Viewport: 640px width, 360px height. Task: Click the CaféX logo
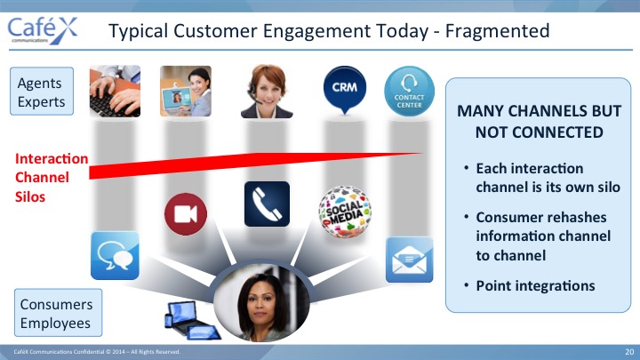coord(43,30)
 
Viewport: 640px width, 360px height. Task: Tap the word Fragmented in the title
coord(497,31)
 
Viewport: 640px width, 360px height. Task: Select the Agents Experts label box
coord(42,92)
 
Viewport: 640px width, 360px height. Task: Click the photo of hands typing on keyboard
coord(115,91)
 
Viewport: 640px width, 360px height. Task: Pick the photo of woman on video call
coord(186,91)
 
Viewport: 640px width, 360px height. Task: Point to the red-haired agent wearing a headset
coord(267,92)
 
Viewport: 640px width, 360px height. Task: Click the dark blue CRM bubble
coord(345,90)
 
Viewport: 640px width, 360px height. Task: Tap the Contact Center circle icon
coord(409,91)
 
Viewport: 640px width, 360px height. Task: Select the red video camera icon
coord(186,214)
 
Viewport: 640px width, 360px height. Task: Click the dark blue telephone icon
coord(267,204)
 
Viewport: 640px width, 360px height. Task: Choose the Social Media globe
coord(345,212)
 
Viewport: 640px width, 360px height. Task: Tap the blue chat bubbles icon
coord(115,255)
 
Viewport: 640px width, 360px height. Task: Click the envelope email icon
coord(410,260)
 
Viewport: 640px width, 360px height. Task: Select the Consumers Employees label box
coord(59,313)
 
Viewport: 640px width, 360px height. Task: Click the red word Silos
coord(30,196)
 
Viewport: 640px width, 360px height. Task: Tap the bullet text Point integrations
coord(535,285)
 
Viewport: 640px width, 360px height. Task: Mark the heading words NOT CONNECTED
coord(540,132)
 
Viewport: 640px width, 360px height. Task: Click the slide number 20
coord(629,352)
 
